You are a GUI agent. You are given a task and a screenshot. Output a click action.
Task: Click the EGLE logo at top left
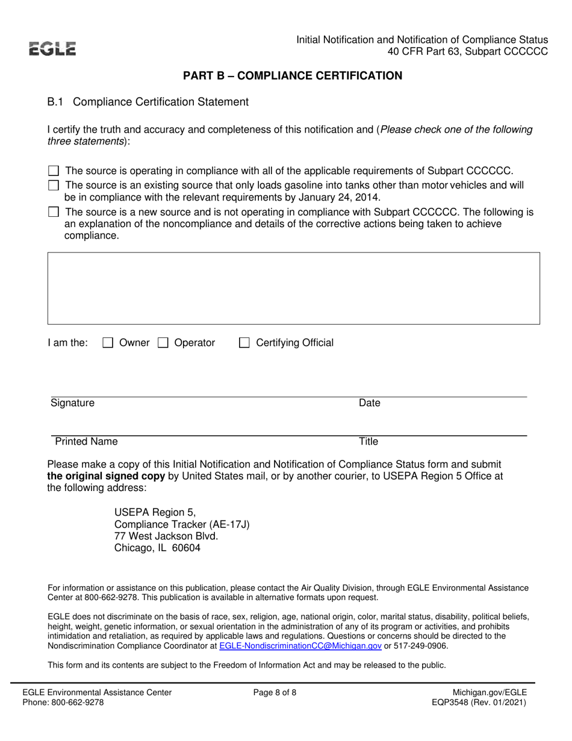(x=54, y=48)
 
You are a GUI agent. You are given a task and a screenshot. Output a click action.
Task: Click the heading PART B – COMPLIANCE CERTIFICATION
(x=293, y=76)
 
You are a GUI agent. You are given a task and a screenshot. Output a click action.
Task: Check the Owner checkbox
(x=108, y=343)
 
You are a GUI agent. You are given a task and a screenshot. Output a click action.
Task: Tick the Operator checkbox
(x=163, y=343)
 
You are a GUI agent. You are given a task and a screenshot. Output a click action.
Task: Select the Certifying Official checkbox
(x=244, y=343)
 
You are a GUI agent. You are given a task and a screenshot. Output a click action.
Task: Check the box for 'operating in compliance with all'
(x=54, y=171)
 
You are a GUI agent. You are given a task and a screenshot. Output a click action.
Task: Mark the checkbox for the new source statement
(x=54, y=212)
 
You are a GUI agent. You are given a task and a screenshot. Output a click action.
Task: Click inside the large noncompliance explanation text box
(x=293, y=289)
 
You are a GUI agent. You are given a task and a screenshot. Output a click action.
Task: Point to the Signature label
(x=72, y=403)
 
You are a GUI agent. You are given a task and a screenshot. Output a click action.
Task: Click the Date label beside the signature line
(x=369, y=403)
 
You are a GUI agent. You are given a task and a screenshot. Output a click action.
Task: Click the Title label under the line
(x=368, y=442)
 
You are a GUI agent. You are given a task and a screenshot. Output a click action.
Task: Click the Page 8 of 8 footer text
(x=275, y=693)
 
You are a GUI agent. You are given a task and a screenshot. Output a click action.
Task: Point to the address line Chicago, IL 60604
(x=158, y=548)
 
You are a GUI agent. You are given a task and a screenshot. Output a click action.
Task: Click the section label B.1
(x=55, y=102)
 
